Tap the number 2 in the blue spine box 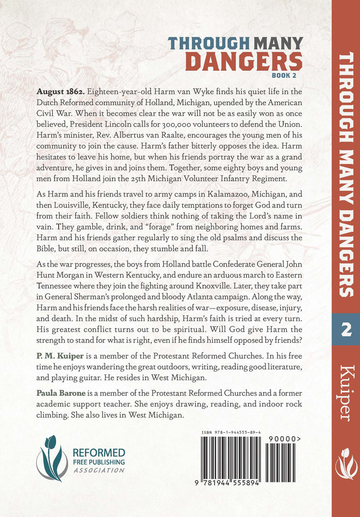pyautogui.click(x=345, y=329)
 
